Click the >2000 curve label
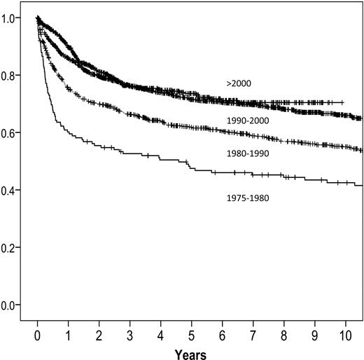pos(238,83)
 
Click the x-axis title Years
pos(191,350)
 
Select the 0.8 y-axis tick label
pos(13,76)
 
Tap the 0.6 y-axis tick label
pos(13,133)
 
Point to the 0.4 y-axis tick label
pos(13,191)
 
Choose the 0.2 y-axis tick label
pos(13,248)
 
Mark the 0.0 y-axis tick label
pos(13,305)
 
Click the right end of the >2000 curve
pos(343,102)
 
